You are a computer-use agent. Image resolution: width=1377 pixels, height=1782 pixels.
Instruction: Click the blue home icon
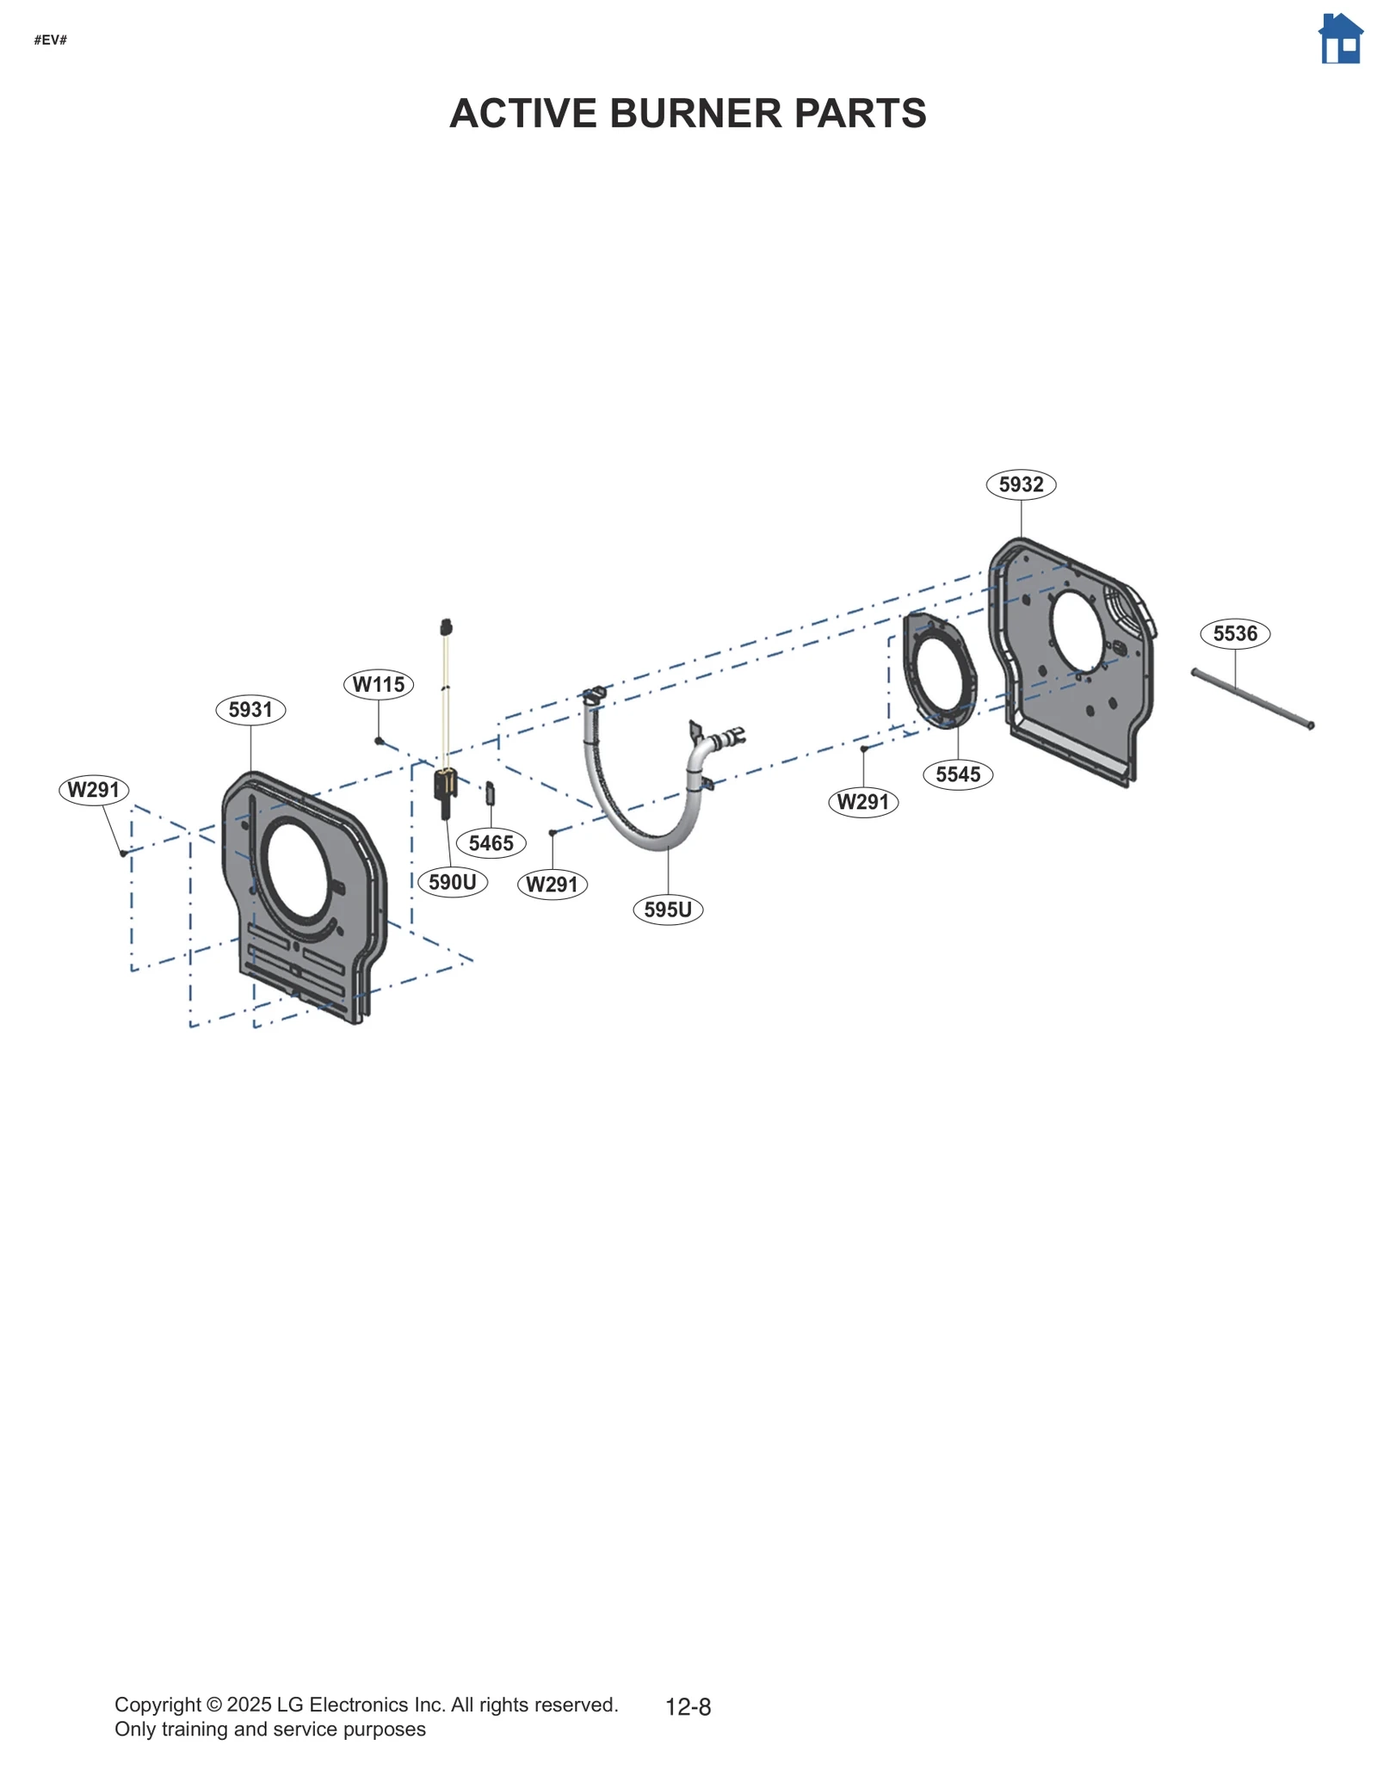[x=1340, y=40]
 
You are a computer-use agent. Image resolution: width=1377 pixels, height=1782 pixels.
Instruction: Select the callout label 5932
[x=1021, y=484]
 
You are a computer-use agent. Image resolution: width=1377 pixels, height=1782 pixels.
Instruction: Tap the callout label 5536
[x=1235, y=634]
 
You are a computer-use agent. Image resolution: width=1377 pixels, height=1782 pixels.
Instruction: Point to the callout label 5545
[x=958, y=774]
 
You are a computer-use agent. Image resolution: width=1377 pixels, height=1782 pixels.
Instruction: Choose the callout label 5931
[x=250, y=710]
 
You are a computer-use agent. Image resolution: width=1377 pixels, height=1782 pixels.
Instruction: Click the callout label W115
[x=379, y=684]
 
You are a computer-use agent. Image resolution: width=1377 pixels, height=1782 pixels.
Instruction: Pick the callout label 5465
[x=491, y=843]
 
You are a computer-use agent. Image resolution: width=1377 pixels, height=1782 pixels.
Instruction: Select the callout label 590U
[x=453, y=882]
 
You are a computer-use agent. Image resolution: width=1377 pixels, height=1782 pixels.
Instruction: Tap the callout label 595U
[x=668, y=909]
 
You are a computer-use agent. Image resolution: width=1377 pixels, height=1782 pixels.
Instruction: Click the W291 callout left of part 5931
[x=94, y=790]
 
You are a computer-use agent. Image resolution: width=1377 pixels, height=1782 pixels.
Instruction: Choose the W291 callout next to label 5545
[x=863, y=802]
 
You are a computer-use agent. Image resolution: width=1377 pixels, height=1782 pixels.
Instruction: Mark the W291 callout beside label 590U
[x=553, y=885]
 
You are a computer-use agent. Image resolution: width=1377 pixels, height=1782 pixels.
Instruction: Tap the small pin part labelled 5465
[x=491, y=792]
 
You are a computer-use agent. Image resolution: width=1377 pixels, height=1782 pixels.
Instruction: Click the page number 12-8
[x=688, y=1707]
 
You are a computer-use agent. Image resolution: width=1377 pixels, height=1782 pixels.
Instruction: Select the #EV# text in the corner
[x=51, y=40]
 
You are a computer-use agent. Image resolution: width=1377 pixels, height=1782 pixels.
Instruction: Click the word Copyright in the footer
[x=157, y=1705]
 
